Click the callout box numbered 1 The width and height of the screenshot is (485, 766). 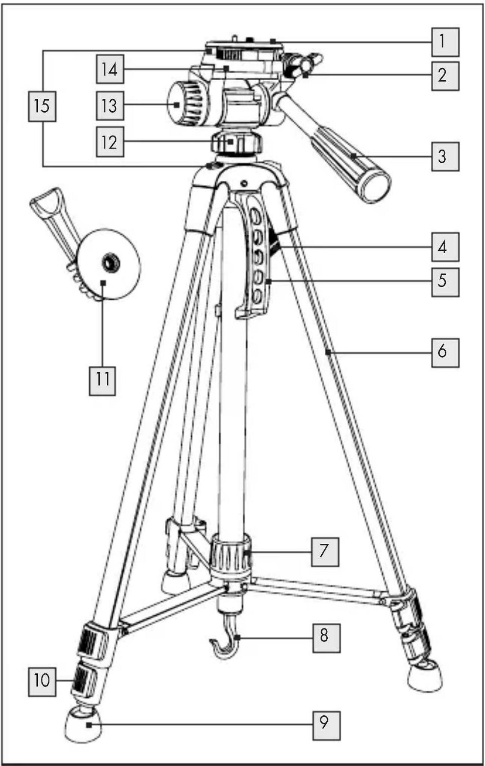445,42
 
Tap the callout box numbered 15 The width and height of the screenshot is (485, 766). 42,107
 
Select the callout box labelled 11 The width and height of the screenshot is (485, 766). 102,381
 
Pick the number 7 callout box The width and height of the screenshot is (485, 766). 325,552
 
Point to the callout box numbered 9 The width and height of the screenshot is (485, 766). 327,726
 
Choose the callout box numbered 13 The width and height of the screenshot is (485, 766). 110,106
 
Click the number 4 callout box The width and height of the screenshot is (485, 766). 445,247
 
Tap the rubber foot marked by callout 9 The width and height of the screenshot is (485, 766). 83,724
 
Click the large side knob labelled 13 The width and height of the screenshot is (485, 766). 186,105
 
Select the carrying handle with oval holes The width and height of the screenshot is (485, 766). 253,255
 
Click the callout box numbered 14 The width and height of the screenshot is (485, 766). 110,69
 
